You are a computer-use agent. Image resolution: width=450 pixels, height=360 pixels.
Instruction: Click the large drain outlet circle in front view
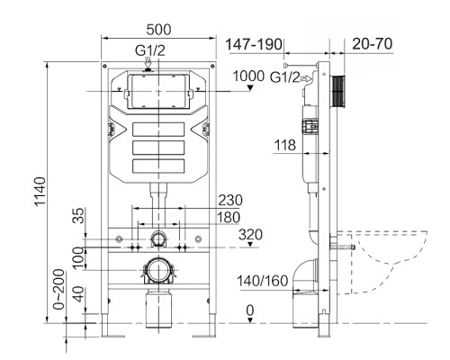pos(158,270)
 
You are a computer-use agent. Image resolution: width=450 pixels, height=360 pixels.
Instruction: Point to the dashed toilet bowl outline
pos(391,261)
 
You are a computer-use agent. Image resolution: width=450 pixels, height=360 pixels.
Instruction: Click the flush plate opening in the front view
pos(158,93)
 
